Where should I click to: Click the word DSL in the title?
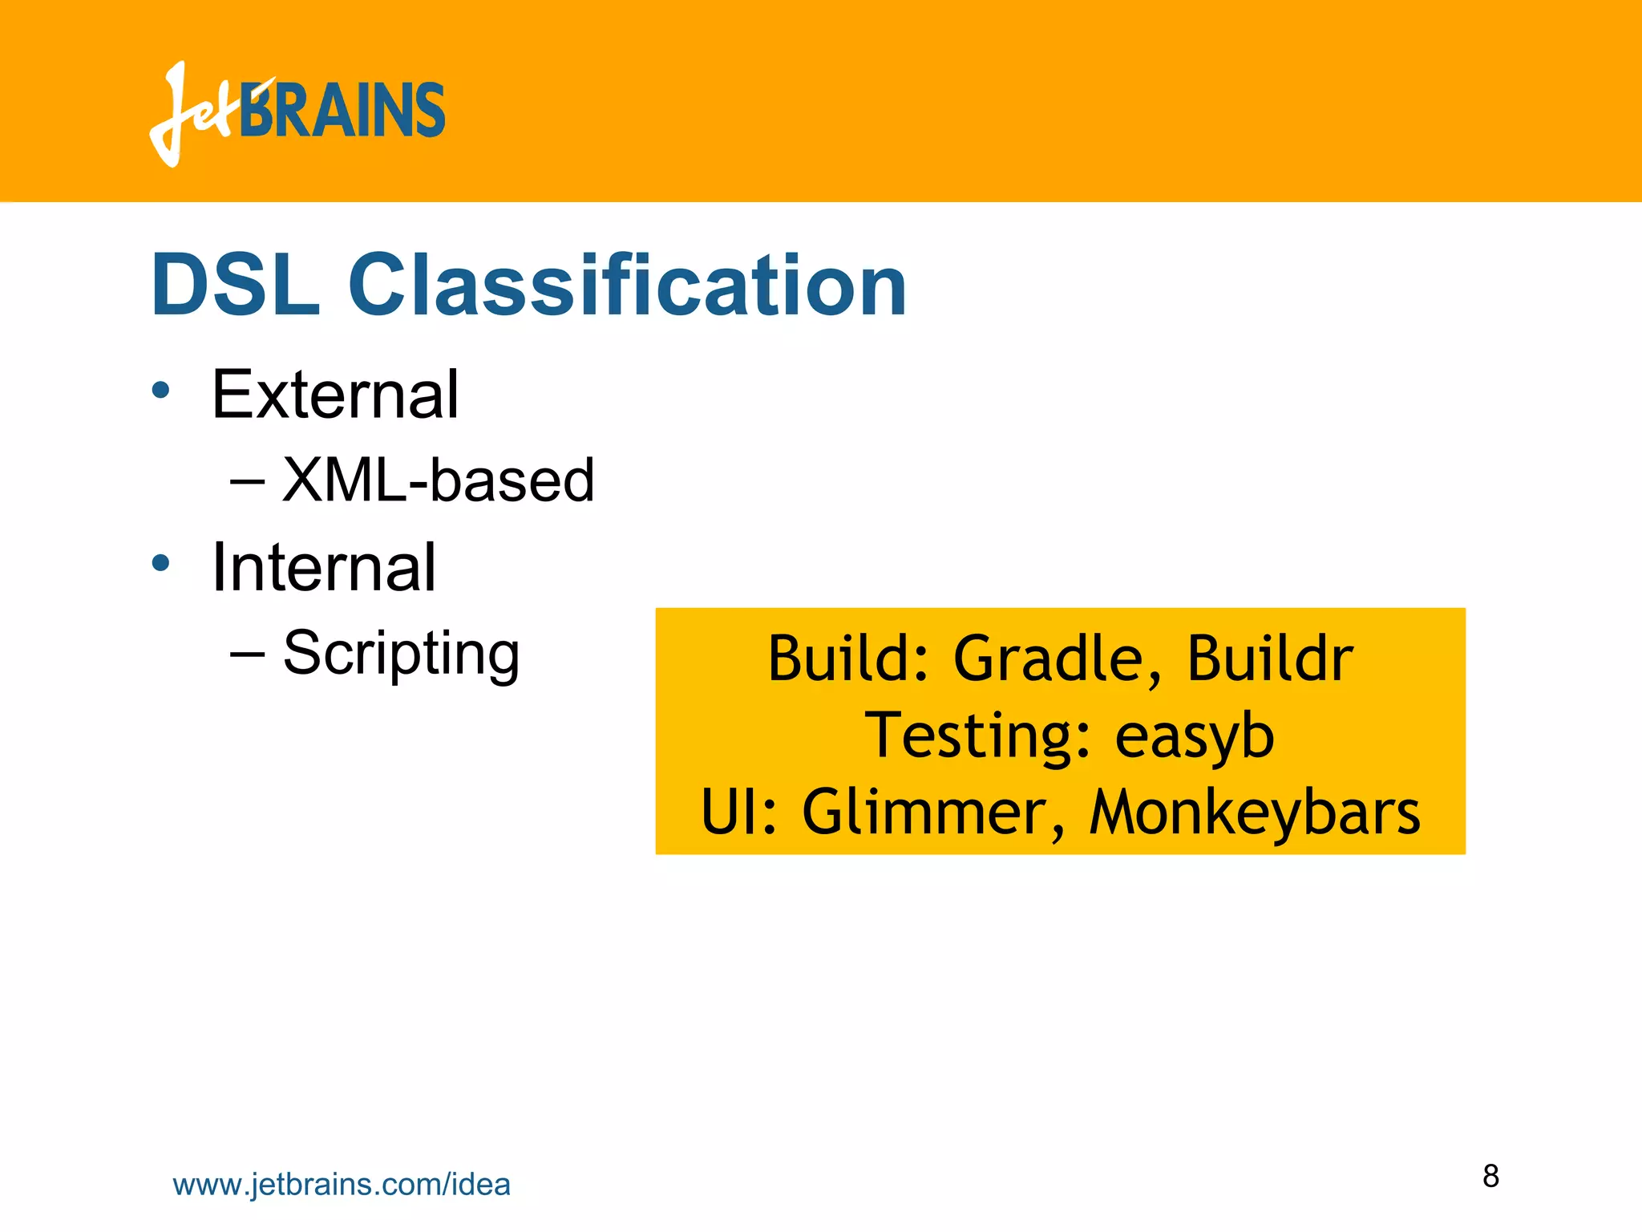235,286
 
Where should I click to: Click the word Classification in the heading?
627,286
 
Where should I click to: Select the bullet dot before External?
161,391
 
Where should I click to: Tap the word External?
334,395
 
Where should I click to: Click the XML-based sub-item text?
438,480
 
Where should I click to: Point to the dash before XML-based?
247,481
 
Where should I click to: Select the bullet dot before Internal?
161,563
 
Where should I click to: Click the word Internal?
323,568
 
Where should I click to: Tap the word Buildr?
1270,659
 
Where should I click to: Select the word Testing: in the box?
978,736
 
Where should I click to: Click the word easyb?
1194,737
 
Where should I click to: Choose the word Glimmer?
934,813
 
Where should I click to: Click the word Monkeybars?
1254,813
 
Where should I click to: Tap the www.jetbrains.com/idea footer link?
342,1185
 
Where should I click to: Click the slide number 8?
1490,1176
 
